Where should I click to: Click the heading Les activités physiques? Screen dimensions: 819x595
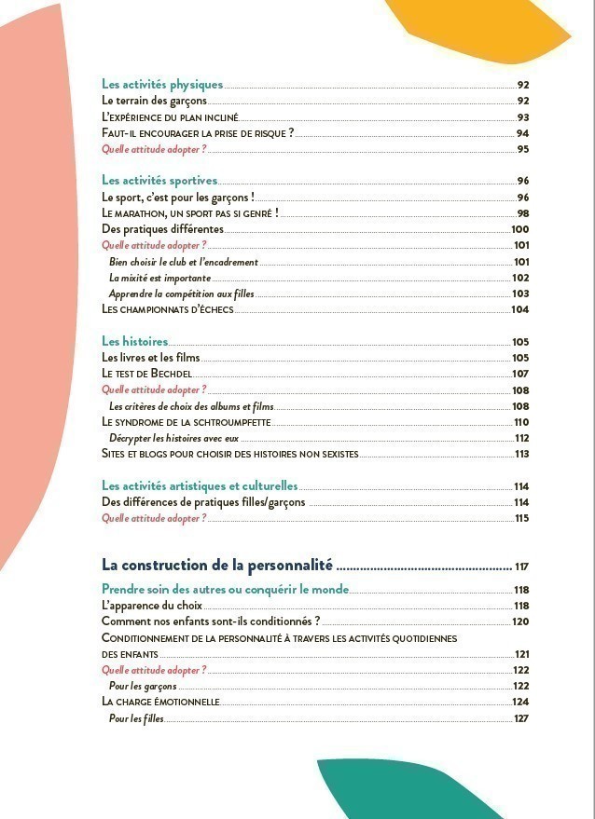pyautogui.click(x=162, y=85)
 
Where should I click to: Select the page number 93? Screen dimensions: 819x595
pyautogui.click(x=523, y=117)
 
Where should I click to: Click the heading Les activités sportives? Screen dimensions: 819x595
pyautogui.click(x=159, y=181)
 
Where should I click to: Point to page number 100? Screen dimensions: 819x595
pyautogui.click(x=519, y=229)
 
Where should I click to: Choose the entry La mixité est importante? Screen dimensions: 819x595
pyautogui.click(x=159, y=278)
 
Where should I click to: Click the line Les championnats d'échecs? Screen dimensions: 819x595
pyautogui.click(x=168, y=309)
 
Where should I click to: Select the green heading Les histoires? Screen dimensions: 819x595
pyautogui.click(x=134, y=342)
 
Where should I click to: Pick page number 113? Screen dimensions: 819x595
pyautogui.click(x=522, y=454)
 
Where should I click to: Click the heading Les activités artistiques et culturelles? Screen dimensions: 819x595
pyautogui.click(x=200, y=486)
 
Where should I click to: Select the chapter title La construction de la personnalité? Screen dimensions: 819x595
pyautogui.click(x=217, y=565)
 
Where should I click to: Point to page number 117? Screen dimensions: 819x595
pyautogui.click(x=521, y=566)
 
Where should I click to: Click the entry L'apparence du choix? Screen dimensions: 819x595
pyautogui.click(x=151, y=606)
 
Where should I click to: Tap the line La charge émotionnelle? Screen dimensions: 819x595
pyautogui.click(x=160, y=702)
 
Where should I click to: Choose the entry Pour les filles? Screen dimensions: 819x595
pyautogui.click(x=136, y=718)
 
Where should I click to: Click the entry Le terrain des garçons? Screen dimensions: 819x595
pyautogui.click(x=154, y=101)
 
